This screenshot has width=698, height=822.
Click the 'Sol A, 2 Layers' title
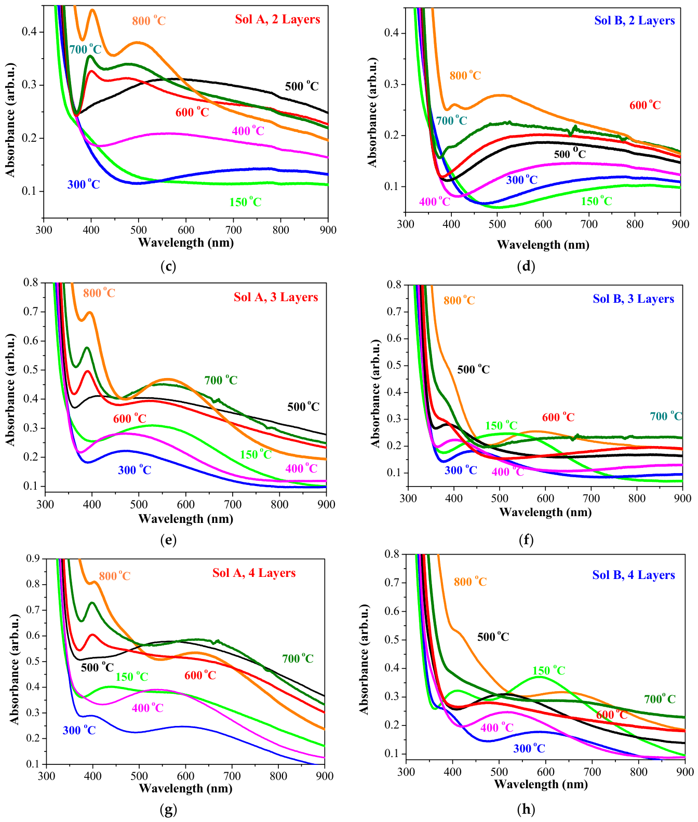(277, 20)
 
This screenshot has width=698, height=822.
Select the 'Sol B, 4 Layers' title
(634, 575)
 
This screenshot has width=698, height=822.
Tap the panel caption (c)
(168, 266)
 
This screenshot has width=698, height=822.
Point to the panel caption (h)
(526, 809)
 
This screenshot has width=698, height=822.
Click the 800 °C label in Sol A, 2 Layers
(149, 21)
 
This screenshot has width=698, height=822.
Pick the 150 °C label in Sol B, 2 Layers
(596, 201)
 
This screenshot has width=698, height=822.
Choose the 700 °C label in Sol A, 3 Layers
(221, 380)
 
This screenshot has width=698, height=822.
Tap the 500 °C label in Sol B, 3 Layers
(473, 369)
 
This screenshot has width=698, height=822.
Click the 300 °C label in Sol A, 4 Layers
(79, 730)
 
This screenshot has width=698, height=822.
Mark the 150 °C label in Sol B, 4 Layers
(548, 670)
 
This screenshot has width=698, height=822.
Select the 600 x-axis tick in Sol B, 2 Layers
(543, 224)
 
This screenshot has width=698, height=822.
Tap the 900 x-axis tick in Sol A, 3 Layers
(326, 504)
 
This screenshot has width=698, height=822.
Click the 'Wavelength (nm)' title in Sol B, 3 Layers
(545, 513)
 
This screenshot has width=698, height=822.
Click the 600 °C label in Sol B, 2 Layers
(645, 105)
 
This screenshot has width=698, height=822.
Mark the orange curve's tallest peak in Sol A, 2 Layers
(92, 10)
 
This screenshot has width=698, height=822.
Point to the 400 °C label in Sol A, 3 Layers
(301, 468)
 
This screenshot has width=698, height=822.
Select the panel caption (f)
(526, 540)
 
